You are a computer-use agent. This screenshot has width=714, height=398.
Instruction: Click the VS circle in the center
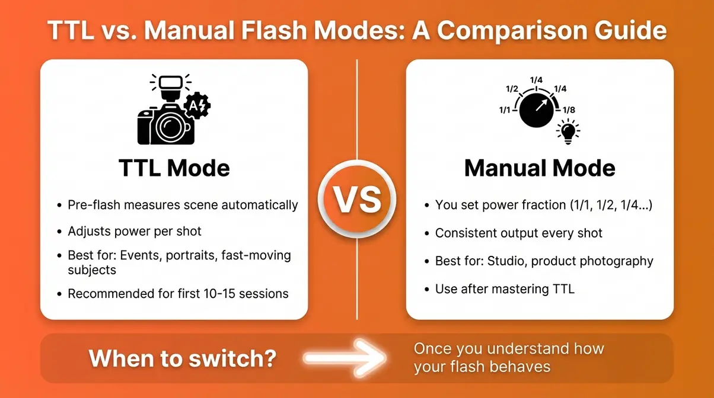click(357, 200)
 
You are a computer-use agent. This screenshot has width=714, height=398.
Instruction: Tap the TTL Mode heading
click(174, 168)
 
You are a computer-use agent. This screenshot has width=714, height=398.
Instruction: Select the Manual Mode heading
click(540, 168)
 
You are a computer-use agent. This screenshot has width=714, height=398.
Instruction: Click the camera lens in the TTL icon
click(172, 126)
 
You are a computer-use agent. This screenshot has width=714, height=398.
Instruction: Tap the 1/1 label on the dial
click(505, 111)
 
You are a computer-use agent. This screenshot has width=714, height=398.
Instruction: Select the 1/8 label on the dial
click(568, 110)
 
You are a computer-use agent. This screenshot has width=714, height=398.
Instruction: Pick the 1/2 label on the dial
click(512, 89)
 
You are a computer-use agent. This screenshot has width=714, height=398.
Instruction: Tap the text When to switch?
click(182, 358)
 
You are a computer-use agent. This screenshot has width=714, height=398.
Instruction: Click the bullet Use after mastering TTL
click(505, 289)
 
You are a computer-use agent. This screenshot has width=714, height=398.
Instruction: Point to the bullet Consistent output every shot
click(518, 233)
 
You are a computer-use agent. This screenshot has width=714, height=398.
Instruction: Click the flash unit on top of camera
click(171, 84)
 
